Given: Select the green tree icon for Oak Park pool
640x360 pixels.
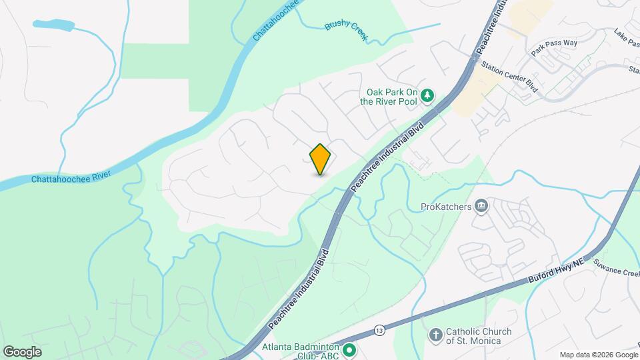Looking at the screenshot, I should (x=427, y=97).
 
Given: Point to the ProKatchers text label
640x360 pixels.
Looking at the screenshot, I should (x=446, y=207).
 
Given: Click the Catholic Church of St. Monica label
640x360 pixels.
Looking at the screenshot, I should (x=479, y=337).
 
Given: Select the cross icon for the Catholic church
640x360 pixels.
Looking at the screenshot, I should (x=435, y=335).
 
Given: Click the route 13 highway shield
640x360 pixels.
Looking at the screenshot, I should (x=379, y=329).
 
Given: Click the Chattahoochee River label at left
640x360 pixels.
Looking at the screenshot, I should (x=71, y=175).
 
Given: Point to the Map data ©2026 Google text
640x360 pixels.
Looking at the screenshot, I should (x=598, y=355).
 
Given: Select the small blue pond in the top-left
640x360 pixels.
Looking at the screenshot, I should (x=53, y=25).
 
